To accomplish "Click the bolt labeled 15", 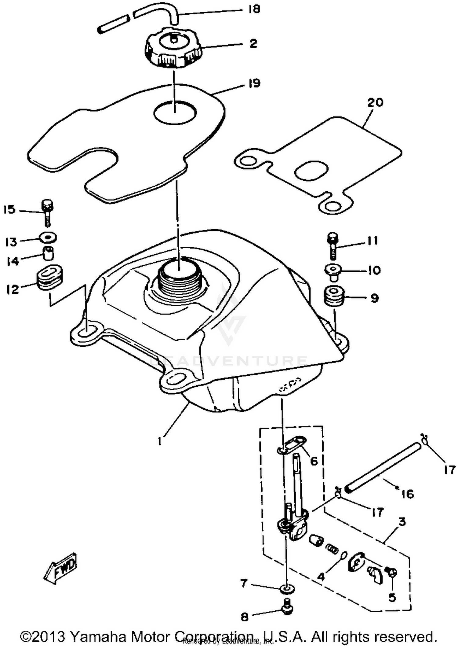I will point(47,213).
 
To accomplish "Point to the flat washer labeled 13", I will point(48,237).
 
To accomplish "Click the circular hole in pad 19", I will point(175,112).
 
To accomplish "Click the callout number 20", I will point(375,102).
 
